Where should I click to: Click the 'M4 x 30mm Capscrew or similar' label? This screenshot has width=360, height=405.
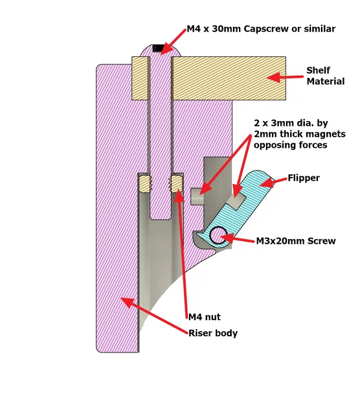pos(261,29)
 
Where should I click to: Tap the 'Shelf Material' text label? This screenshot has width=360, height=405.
pos(326,76)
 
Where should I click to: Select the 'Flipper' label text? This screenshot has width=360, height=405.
pos(304,178)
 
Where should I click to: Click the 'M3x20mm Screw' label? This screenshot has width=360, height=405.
pos(296,241)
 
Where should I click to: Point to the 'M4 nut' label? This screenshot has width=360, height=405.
pos(205,317)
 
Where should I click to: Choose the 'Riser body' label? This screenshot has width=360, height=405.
pos(213,333)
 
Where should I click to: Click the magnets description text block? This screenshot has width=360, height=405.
pos(300,133)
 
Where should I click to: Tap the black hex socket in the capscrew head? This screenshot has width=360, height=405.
pos(158,48)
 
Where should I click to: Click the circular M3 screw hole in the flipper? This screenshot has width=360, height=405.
pos(218,235)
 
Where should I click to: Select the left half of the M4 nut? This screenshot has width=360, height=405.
pos(145,184)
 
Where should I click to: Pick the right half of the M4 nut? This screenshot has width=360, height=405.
pos(176,184)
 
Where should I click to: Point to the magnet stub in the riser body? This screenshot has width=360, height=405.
pos(197,196)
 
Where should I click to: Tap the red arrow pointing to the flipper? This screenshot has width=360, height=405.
pos(273,182)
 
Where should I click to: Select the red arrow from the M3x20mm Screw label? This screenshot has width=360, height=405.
pos(238,238)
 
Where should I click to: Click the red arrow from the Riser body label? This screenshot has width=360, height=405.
pos(154,316)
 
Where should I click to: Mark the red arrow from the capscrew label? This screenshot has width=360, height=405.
pos(173,42)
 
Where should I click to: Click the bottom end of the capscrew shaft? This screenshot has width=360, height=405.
pos(161,220)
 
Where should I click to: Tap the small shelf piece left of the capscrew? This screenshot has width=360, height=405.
pos(141,78)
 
